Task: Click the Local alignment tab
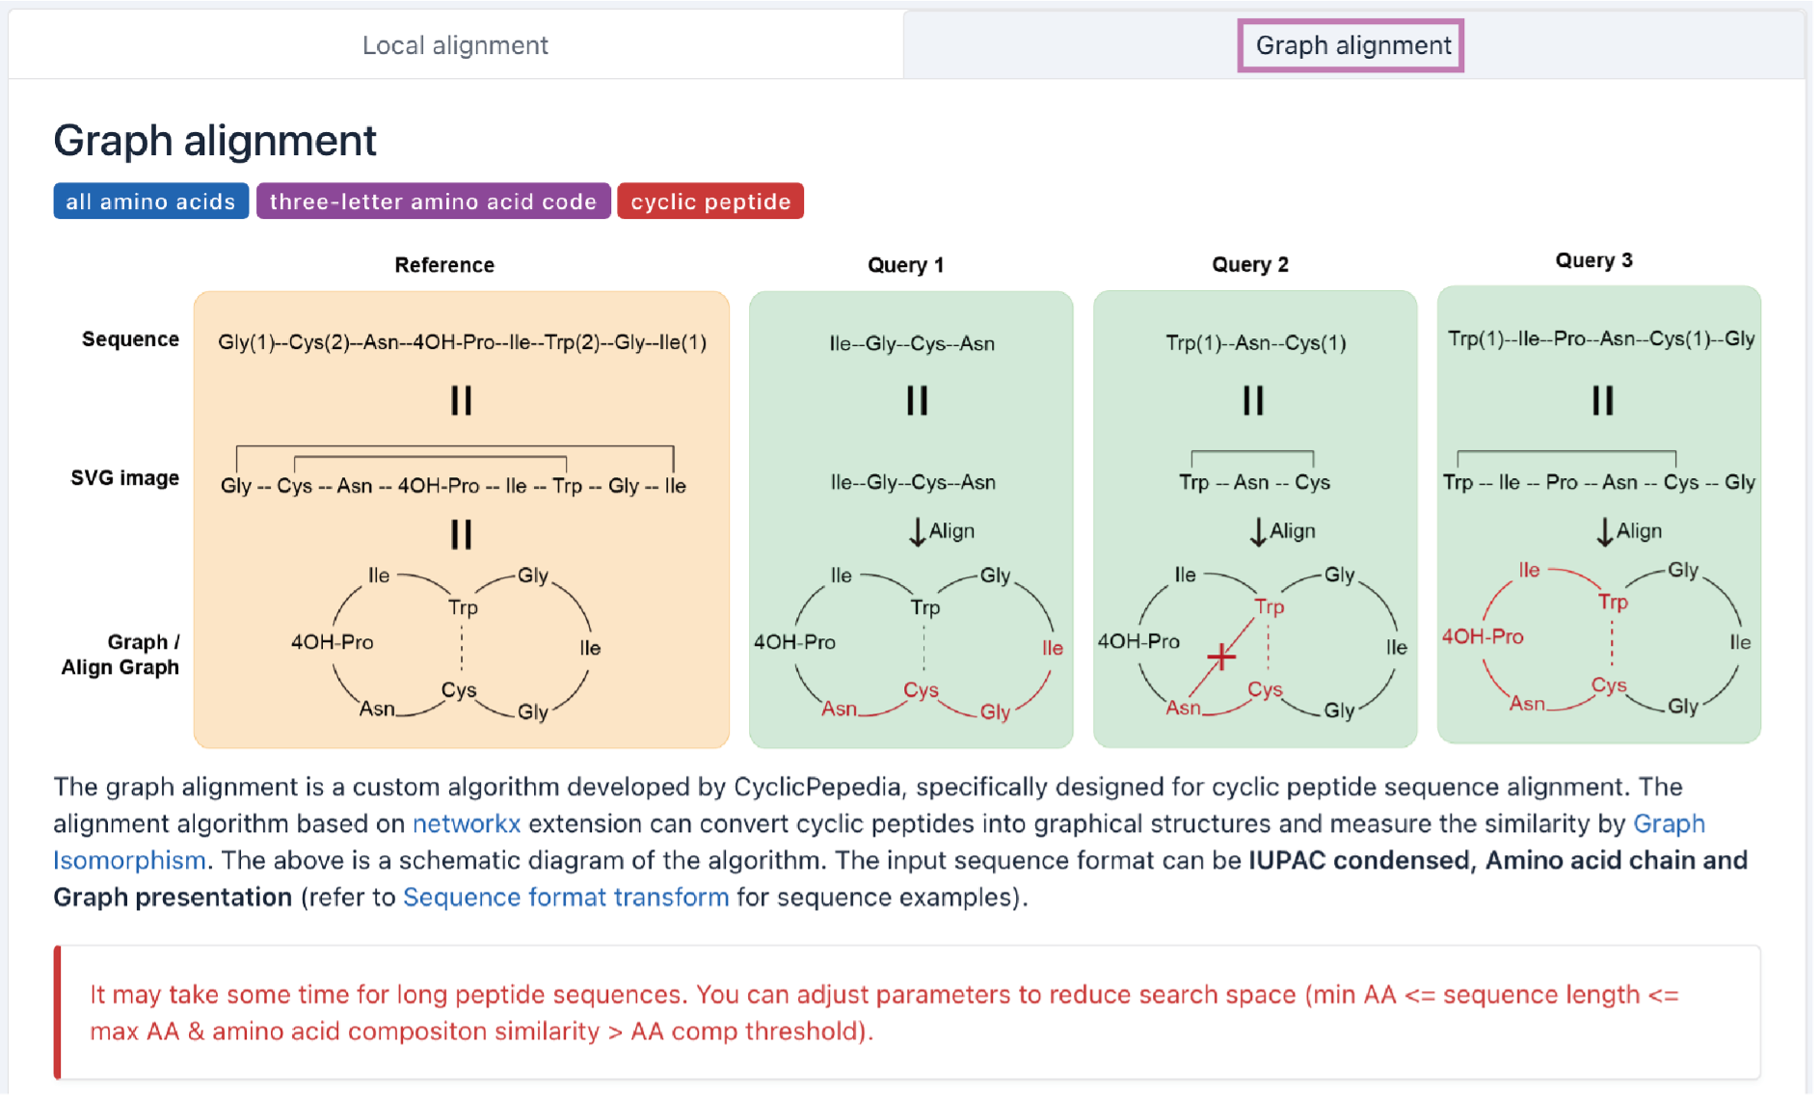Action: click(455, 45)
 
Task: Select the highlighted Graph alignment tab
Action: click(1351, 45)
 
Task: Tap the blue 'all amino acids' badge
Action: click(150, 201)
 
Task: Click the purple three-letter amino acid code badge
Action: click(433, 201)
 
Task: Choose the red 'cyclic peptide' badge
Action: click(710, 201)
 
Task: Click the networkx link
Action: click(467, 823)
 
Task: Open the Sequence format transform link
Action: click(566, 897)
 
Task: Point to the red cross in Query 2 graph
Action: click(1220, 657)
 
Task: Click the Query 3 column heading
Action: click(1593, 260)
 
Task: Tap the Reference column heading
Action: click(444, 265)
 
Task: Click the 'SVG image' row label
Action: click(124, 478)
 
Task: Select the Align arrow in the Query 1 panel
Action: click(918, 531)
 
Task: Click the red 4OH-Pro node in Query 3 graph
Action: click(1483, 636)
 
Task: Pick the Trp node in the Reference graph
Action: click(463, 607)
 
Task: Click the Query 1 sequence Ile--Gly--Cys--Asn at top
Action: click(912, 343)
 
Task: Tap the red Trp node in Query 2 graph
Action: click(1269, 606)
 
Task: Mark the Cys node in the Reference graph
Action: click(459, 689)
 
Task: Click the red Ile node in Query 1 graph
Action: click(1052, 648)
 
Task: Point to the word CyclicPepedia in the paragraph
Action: click(817, 787)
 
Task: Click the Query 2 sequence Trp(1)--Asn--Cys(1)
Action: click(1255, 343)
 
